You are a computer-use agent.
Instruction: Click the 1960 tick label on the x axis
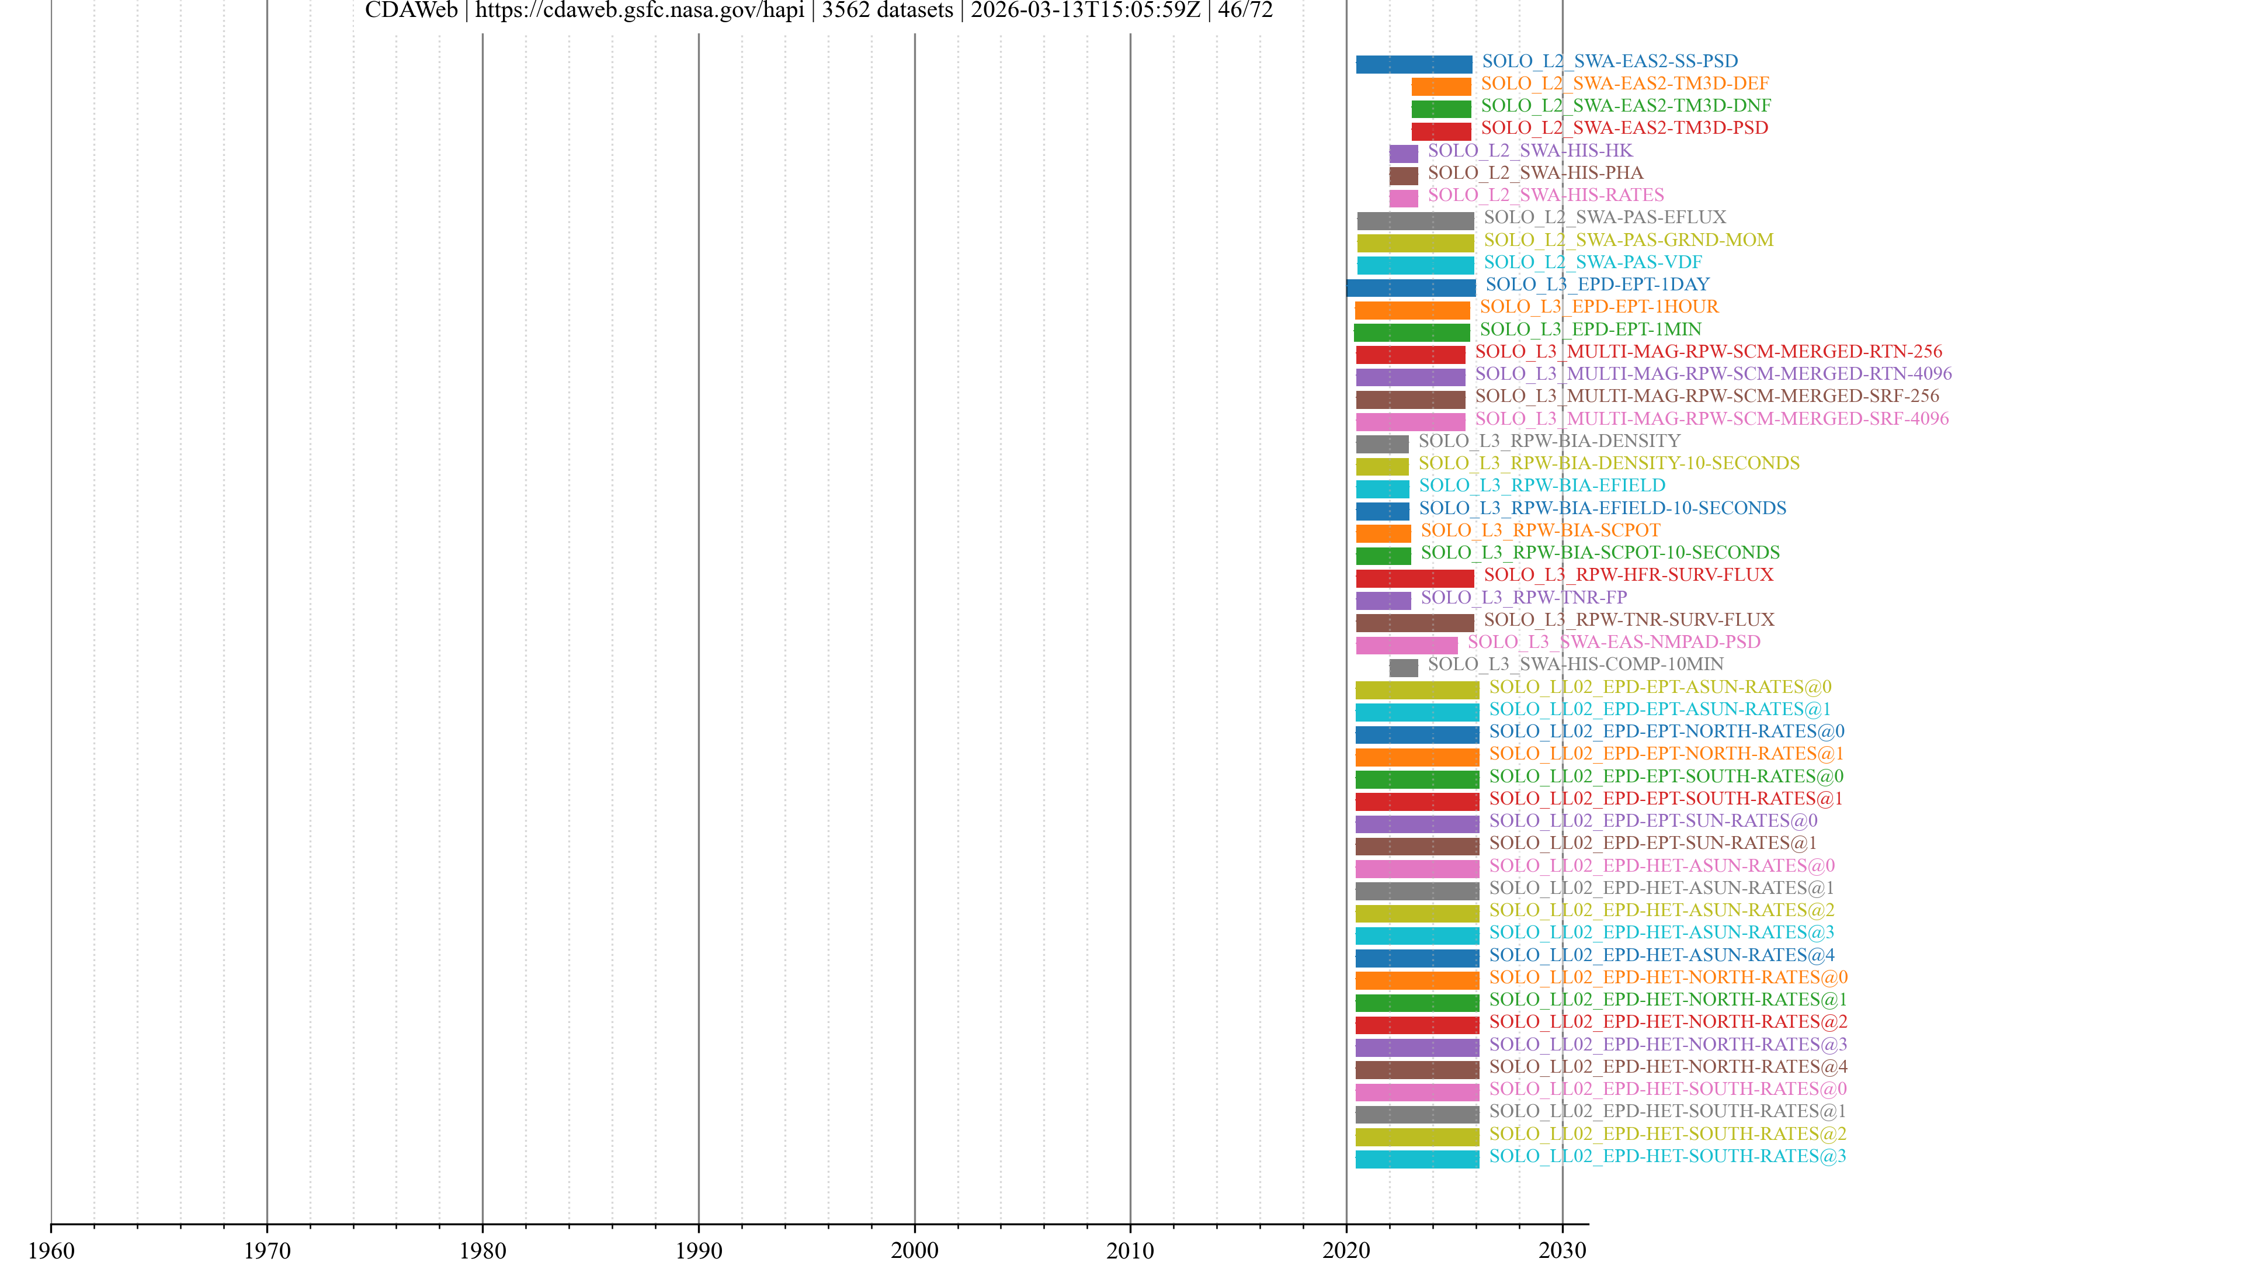pyautogui.click(x=51, y=1250)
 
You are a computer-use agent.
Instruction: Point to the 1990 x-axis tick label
pyautogui.click(x=699, y=1250)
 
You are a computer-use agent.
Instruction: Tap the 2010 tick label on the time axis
pyautogui.click(x=1130, y=1250)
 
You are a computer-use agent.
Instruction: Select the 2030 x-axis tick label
pyautogui.click(x=1562, y=1250)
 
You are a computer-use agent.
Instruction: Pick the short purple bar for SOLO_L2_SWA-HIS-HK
pyautogui.click(x=1402, y=153)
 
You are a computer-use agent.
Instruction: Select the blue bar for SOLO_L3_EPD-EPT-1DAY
pyautogui.click(x=1411, y=287)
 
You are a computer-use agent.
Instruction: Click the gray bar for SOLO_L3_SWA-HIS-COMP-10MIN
pyautogui.click(x=1402, y=667)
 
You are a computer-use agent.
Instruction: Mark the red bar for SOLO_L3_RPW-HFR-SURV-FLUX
pyautogui.click(x=1414, y=577)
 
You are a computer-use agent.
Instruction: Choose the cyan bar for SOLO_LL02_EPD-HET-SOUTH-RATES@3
pyautogui.click(x=1416, y=1159)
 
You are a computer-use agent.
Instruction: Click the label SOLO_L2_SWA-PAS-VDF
pyautogui.click(x=1592, y=262)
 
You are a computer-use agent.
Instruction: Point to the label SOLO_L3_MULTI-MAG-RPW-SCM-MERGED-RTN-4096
pyautogui.click(x=1713, y=374)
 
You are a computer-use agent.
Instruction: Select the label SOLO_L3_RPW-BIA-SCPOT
pyautogui.click(x=1540, y=531)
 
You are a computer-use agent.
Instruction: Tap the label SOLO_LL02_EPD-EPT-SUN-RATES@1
pyautogui.click(x=1652, y=843)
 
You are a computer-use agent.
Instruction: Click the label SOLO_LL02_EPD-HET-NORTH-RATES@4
pyautogui.click(x=1668, y=1066)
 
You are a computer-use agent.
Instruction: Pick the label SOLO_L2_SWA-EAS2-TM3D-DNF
pyautogui.click(x=1626, y=105)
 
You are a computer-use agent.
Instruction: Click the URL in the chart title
pyautogui.click(x=639, y=11)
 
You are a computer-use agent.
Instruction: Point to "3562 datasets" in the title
pyautogui.click(x=887, y=11)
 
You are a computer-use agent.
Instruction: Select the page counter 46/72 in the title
pyautogui.click(x=1245, y=11)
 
